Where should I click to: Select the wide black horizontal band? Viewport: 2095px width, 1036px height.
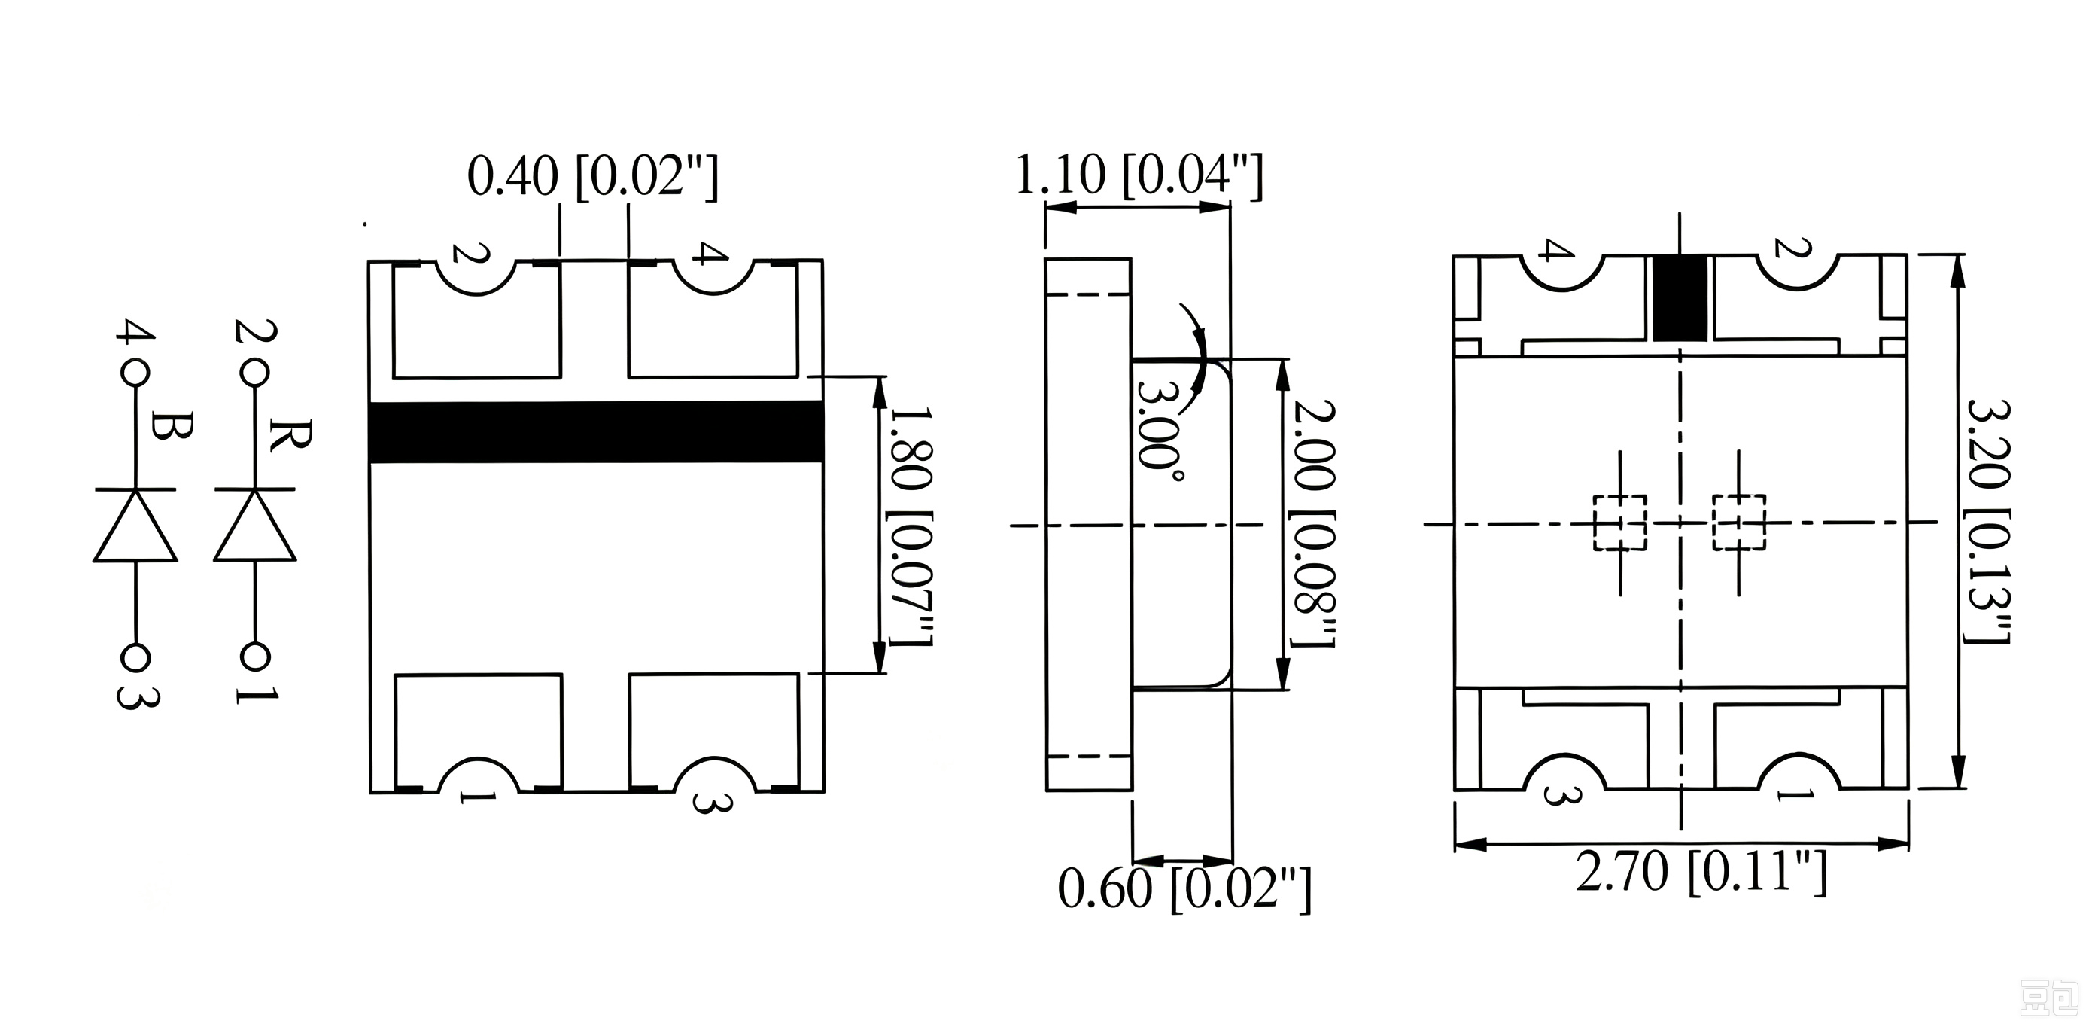coord(596,431)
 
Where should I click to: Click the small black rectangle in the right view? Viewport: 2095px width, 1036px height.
coord(1680,299)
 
